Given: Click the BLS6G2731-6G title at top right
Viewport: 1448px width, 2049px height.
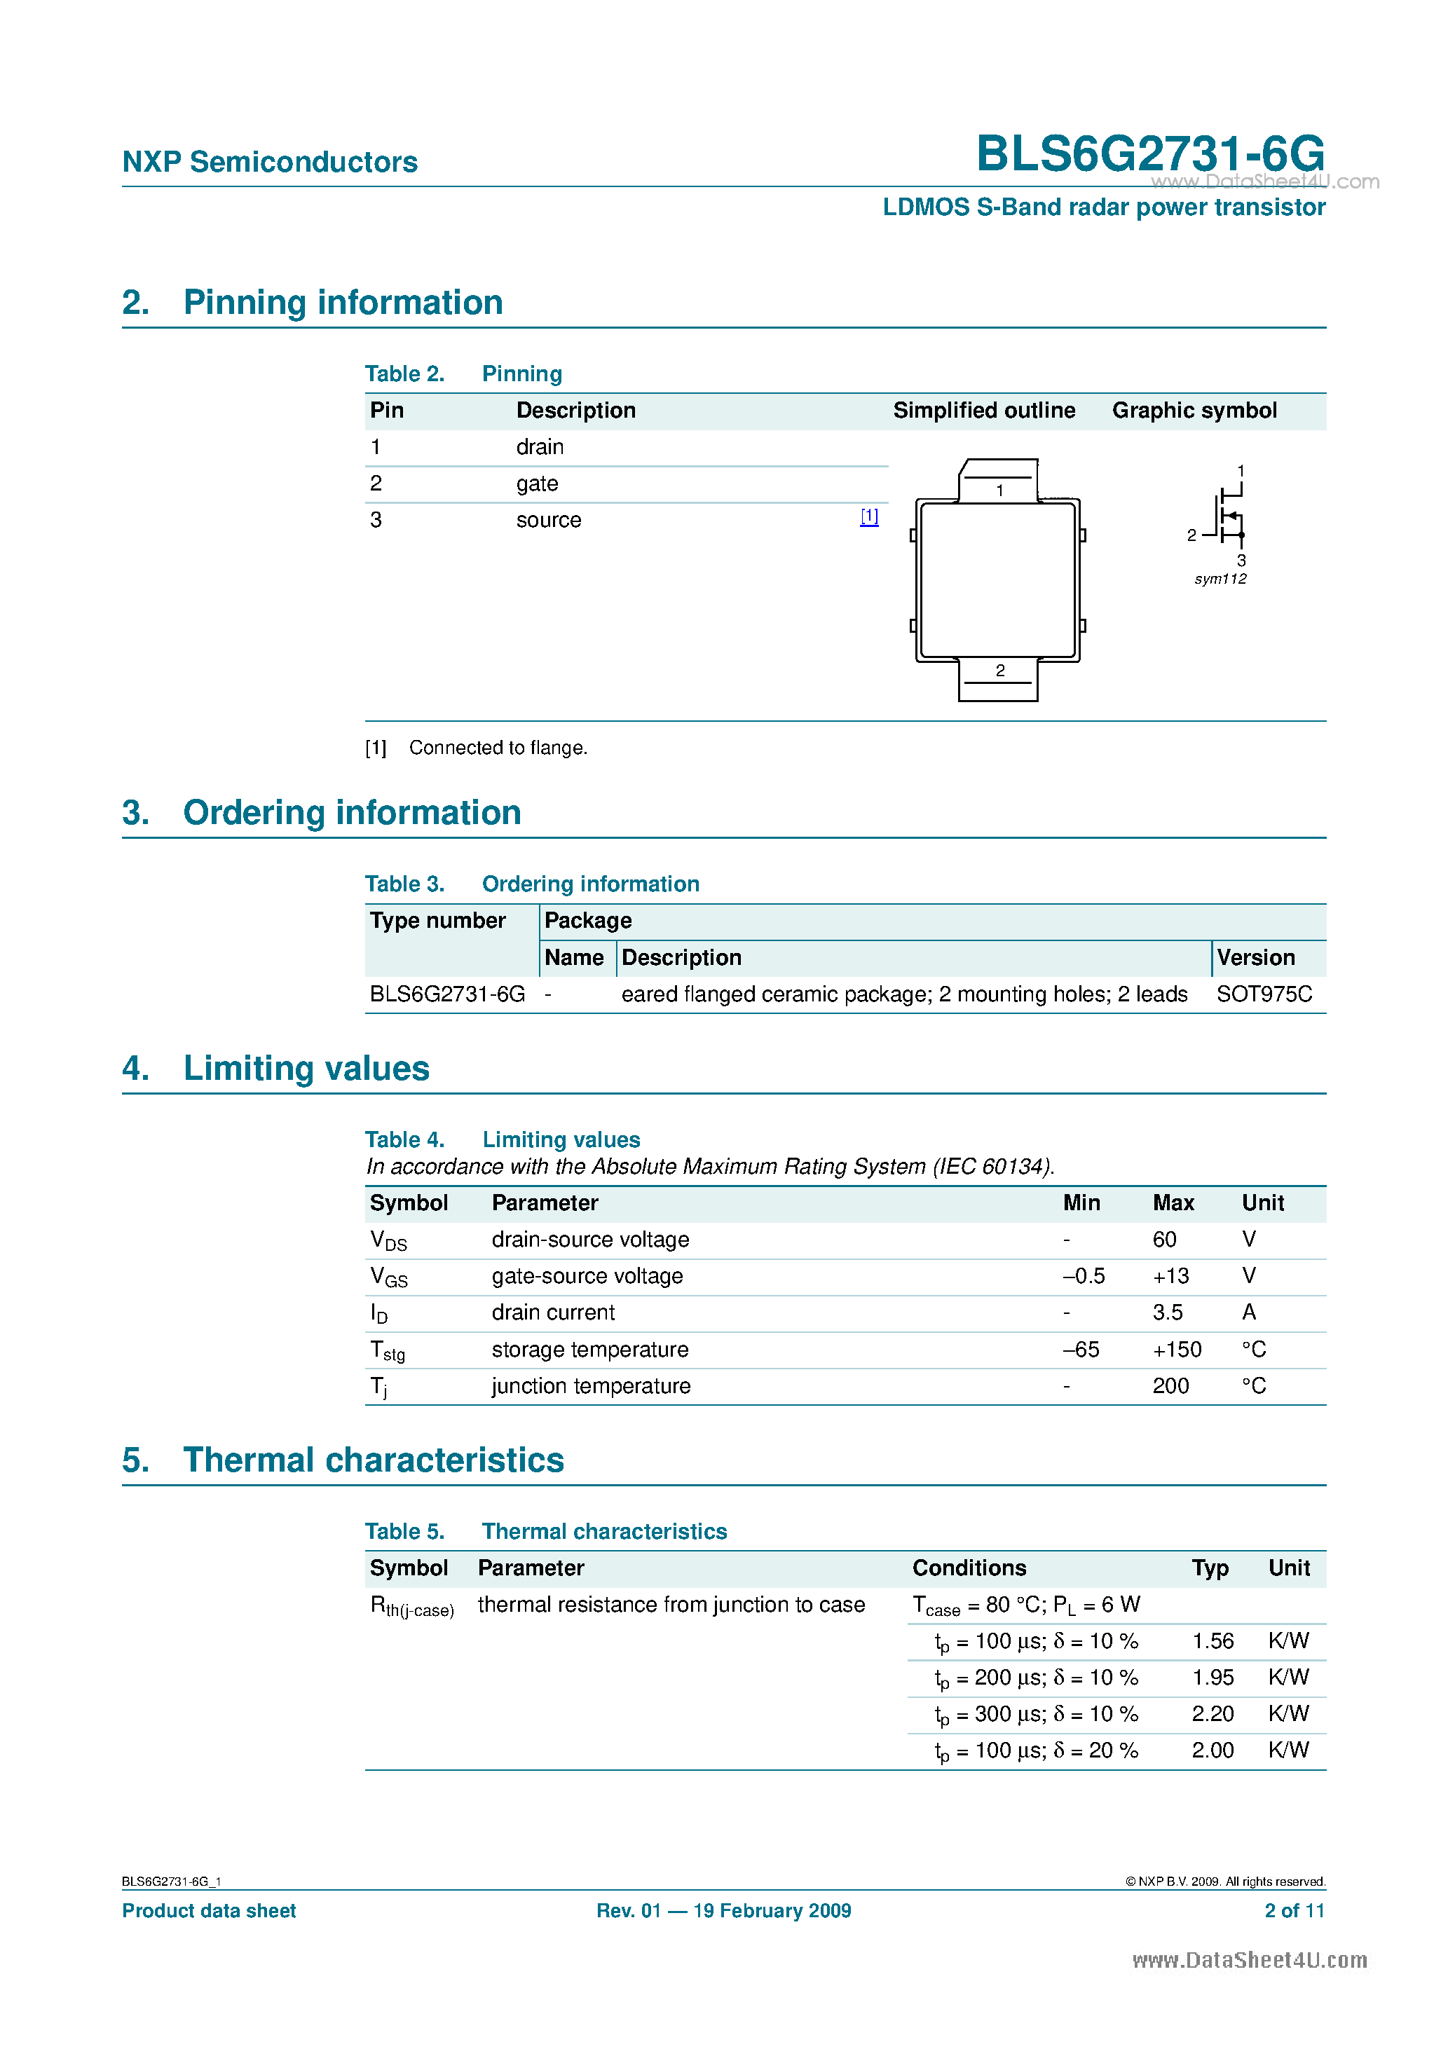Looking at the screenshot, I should tap(1150, 153).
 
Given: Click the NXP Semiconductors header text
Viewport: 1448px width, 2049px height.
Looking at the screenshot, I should tap(270, 162).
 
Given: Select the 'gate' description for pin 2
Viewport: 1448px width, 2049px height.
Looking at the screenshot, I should tap(537, 484).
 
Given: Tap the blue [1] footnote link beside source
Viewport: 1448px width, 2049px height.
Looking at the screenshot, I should tap(868, 516).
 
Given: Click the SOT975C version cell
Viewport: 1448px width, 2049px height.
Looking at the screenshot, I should tap(1263, 994).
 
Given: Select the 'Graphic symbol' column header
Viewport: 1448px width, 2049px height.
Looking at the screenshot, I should tap(1194, 411).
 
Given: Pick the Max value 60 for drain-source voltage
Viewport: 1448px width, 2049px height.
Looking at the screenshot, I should tap(1163, 1240).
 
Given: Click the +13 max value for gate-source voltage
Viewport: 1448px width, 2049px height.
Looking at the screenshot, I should tap(1170, 1276).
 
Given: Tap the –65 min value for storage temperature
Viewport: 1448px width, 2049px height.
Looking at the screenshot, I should tap(1081, 1350).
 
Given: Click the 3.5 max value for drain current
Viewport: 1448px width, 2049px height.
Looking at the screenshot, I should tap(1167, 1313).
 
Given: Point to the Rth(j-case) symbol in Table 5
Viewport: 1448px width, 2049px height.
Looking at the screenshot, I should tap(411, 1606).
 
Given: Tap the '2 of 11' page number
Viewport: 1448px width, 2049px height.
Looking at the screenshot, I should tap(1294, 1911).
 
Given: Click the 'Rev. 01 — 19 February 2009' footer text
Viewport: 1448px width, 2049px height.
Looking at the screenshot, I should tap(723, 1911).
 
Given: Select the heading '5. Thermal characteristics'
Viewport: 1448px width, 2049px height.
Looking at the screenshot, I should tap(343, 1460).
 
